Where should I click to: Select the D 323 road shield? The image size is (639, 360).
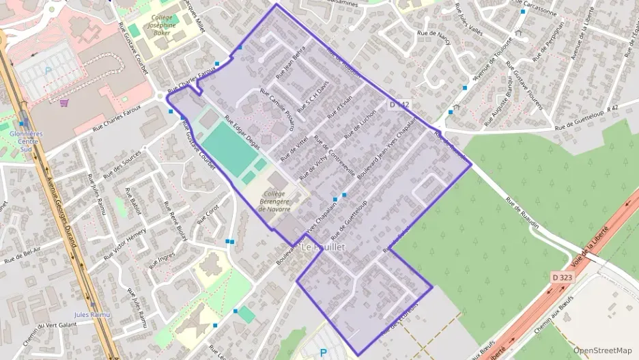tap(561, 277)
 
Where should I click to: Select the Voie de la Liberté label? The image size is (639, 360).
tap(589, 250)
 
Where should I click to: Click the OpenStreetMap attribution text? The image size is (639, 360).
tap(602, 350)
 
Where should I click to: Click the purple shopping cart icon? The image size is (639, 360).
tap(64, 103)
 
